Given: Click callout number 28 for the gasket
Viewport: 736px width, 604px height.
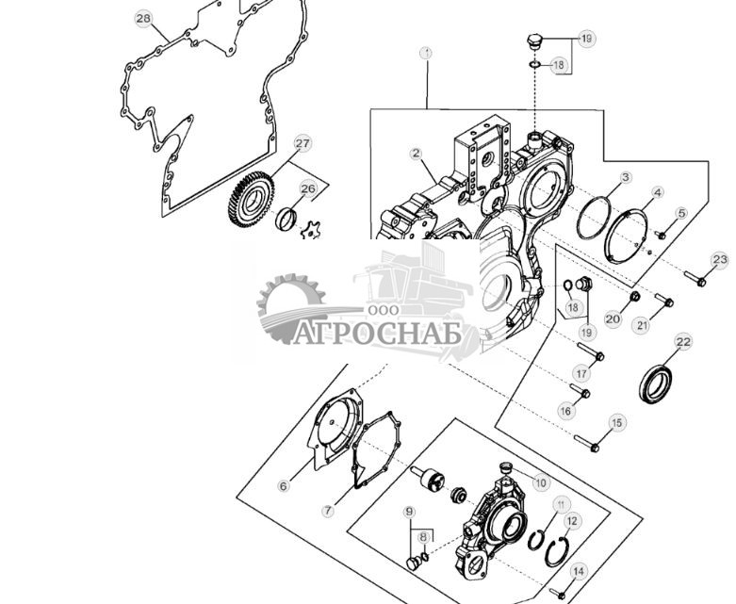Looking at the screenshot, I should pyautogui.click(x=142, y=18).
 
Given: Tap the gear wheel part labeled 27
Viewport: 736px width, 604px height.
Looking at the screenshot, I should pyautogui.click(x=250, y=201).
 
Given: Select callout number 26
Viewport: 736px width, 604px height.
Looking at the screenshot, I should pyautogui.click(x=308, y=188).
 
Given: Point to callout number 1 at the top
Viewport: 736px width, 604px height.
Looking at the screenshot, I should pyautogui.click(x=426, y=54).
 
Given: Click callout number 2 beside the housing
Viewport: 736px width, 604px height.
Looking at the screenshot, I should pyautogui.click(x=415, y=153).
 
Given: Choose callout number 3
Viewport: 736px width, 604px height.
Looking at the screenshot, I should pyautogui.click(x=625, y=177).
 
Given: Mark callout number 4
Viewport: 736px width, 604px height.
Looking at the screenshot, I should pyautogui.click(x=657, y=192).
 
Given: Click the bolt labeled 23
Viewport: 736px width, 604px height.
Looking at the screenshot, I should pyautogui.click(x=695, y=278).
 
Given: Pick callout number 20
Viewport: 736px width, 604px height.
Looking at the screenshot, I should pyautogui.click(x=613, y=320).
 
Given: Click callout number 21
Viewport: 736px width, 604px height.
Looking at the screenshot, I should pyautogui.click(x=642, y=326).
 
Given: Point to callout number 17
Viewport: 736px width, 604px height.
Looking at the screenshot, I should pyautogui.click(x=581, y=374).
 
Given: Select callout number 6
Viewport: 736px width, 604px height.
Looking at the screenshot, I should pyautogui.click(x=283, y=486).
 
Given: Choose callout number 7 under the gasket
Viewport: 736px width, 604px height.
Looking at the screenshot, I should pyautogui.click(x=327, y=511).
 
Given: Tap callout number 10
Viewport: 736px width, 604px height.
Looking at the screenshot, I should pyautogui.click(x=540, y=482).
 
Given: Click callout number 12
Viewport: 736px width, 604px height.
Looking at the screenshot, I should pyautogui.click(x=573, y=520).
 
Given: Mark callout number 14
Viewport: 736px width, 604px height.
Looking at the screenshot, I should pyautogui.click(x=579, y=570).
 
